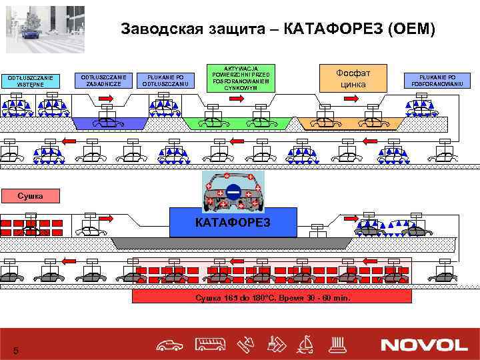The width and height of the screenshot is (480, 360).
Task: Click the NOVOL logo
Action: click(x=423, y=344)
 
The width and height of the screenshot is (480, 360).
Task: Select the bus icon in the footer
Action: click(x=210, y=344)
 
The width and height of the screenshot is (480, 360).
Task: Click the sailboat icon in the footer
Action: click(x=307, y=344)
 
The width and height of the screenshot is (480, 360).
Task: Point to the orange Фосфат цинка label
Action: click(x=354, y=78)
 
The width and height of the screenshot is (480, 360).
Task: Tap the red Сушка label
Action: click(x=30, y=195)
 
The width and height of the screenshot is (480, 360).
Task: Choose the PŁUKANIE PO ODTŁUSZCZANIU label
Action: click(x=166, y=79)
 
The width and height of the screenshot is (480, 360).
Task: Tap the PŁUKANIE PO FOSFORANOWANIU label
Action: click(x=438, y=79)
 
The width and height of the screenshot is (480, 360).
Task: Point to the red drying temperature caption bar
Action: click(x=272, y=296)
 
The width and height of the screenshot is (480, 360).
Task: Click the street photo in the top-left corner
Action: click(x=45, y=29)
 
